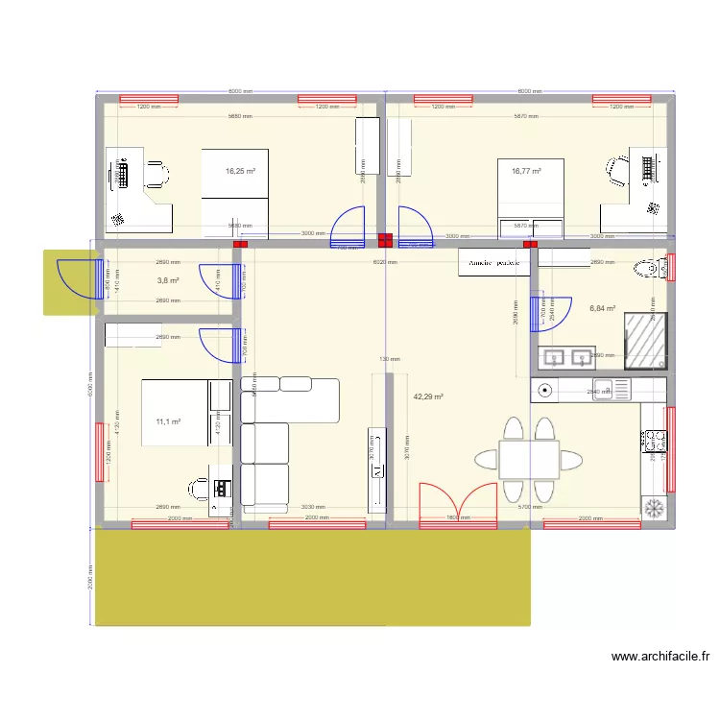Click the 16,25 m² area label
pos(240,172)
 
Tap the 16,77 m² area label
pos(526,172)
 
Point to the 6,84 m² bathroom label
pos(603,308)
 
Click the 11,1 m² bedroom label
pos(169,420)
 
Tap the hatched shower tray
pos(645,341)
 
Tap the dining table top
pos(529,459)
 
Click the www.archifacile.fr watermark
pos(660,658)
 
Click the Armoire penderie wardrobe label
pos(494,262)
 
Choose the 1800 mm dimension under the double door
pos(457,518)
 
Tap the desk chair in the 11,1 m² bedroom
pos(200,490)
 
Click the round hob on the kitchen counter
pos(546,390)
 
